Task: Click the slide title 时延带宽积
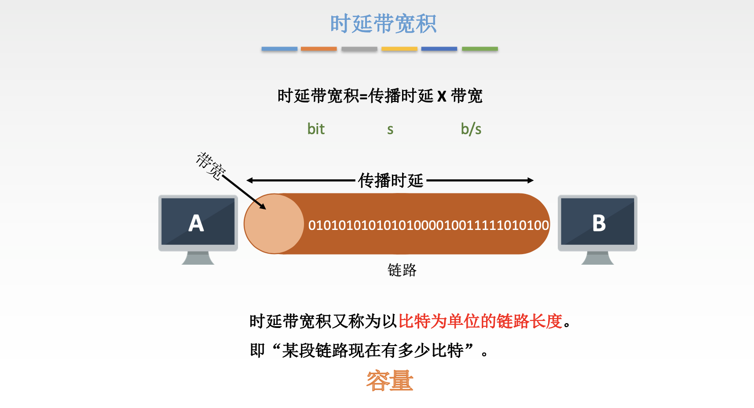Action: click(383, 24)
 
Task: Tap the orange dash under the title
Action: click(319, 49)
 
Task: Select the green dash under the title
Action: click(479, 49)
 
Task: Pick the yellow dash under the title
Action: click(399, 49)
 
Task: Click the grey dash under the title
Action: click(359, 49)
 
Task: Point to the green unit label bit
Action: click(316, 129)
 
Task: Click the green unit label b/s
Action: click(471, 129)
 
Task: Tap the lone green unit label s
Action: click(390, 130)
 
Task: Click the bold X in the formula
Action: click(442, 97)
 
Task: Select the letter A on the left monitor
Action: click(196, 223)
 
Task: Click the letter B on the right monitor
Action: click(599, 223)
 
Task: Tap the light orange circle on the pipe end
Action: click(274, 224)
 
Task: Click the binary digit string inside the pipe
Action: click(428, 226)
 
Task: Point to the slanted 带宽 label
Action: click(210, 166)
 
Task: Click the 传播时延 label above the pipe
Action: click(391, 181)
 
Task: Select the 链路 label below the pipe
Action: click(402, 270)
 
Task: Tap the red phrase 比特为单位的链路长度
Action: click(480, 321)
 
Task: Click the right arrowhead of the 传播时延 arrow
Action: click(531, 181)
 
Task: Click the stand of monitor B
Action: click(597, 258)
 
